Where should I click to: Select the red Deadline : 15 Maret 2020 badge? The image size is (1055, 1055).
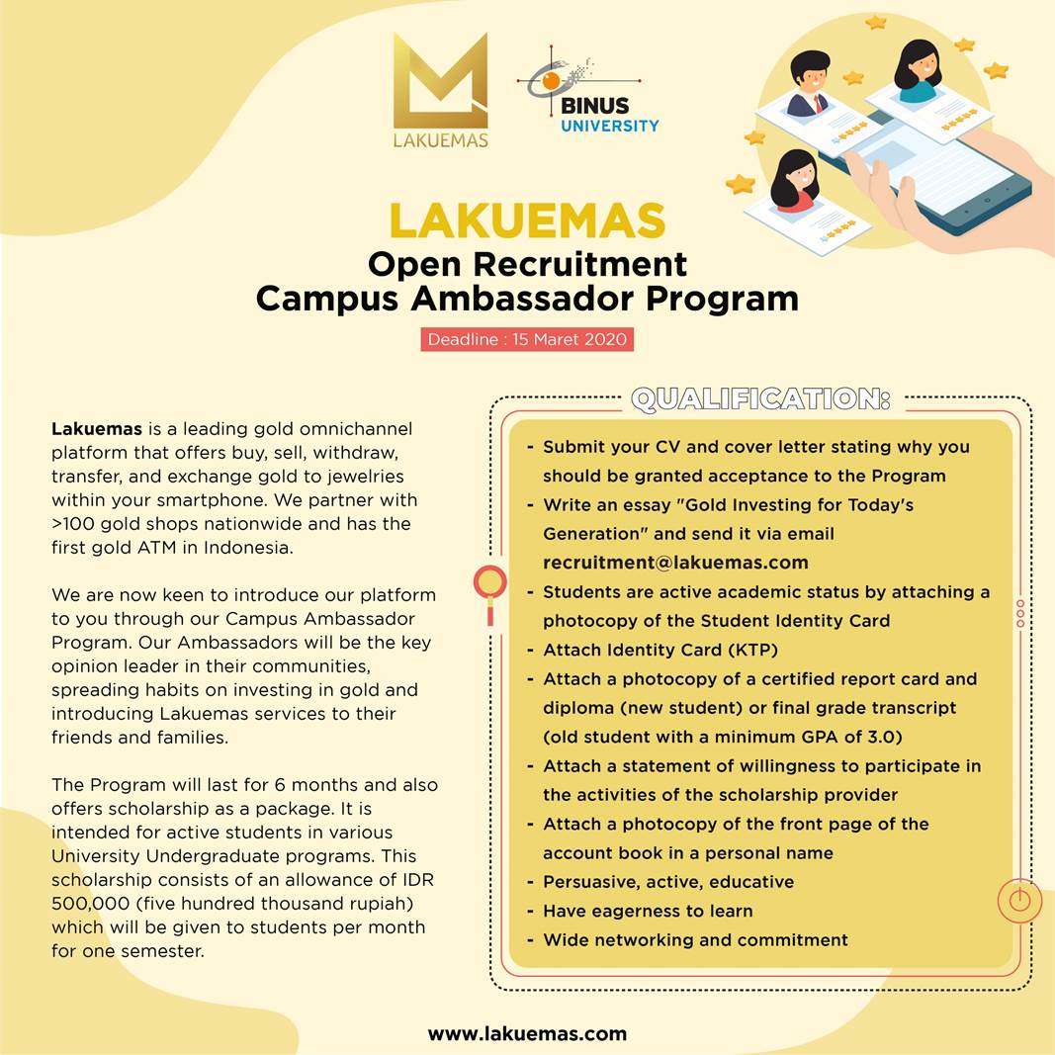pos(527,339)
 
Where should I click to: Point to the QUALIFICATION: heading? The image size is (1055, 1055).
pos(760,399)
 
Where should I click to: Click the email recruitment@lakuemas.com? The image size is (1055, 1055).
pos(675,563)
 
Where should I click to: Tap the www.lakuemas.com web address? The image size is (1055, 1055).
pos(527,1033)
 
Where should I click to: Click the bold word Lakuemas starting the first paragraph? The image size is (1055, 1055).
pos(97,429)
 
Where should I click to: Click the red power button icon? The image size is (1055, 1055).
pos(1020,901)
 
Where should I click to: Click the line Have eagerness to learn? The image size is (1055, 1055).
pos(648,911)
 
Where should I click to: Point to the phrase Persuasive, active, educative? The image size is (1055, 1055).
pos(668,882)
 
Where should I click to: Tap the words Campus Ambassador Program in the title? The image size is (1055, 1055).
pos(527,298)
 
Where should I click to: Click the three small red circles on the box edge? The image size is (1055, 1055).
pos(1020,613)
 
